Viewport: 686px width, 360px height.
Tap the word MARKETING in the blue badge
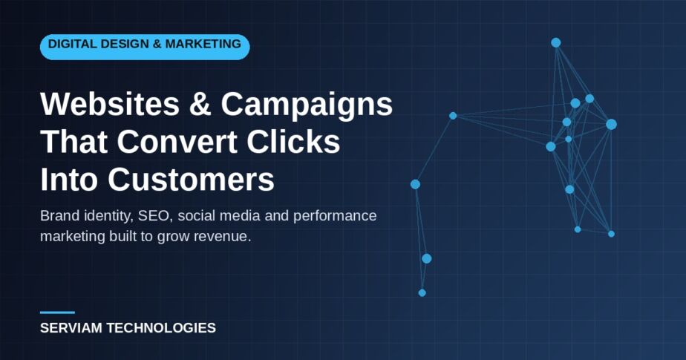click(203, 44)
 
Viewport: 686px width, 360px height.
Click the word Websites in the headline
click(110, 104)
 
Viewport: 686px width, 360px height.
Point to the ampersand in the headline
click(200, 104)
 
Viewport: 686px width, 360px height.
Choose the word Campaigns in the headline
click(307, 105)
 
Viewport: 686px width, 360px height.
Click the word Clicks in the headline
click(293, 141)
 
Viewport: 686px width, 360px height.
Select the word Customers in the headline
click(192, 179)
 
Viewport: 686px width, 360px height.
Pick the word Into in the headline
click(69, 179)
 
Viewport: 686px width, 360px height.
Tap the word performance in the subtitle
click(335, 216)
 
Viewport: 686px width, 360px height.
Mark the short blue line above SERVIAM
click(57, 312)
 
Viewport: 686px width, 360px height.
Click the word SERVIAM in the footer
click(72, 327)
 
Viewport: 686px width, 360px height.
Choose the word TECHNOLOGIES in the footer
click(161, 327)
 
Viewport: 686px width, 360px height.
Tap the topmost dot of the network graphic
click(555, 42)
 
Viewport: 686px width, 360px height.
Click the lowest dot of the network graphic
click(422, 292)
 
